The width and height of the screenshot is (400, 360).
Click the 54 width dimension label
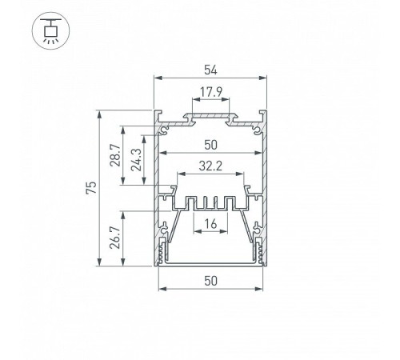click(x=210, y=70)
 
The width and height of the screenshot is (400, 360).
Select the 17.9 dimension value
click(x=211, y=92)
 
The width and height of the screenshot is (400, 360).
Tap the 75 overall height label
click(x=91, y=188)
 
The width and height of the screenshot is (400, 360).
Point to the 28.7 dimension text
click(x=115, y=155)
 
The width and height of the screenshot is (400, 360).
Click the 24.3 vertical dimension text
click(x=136, y=160)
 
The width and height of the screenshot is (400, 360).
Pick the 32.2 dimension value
click(x=210, y=166)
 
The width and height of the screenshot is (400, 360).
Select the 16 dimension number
click(x=210, y=224)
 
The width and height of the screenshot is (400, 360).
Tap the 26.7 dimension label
click(x=115, y=238)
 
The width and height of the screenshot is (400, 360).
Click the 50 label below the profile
click(x=210, y=281)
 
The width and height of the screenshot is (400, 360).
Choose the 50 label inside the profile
click(x=210, y=145)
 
